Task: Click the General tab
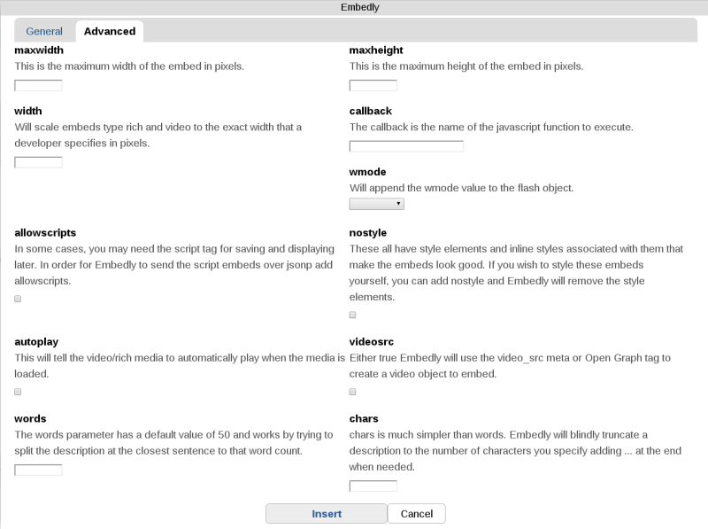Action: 44,31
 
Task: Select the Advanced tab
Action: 110,31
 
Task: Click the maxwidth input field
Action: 39,86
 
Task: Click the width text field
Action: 39,162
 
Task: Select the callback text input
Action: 406,146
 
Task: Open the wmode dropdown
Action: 376,204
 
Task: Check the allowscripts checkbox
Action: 18,300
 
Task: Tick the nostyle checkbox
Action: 353,315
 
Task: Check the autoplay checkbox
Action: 18,392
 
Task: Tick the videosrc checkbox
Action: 353,392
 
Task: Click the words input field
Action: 39,470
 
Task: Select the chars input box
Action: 373,486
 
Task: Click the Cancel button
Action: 416,514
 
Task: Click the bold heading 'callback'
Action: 371,111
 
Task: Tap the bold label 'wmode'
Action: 368,172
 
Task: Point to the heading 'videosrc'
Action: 372,341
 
